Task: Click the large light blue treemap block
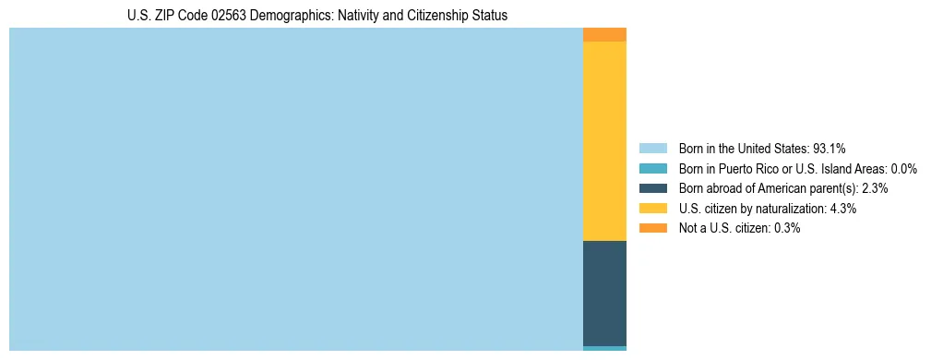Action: click(295, 189)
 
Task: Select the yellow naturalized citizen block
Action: click(604, 140)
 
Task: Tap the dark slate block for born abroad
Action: click(604, 293)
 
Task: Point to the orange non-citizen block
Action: click(604, 35)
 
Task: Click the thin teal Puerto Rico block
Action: click(604, 348)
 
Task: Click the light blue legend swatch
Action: click(652, 148)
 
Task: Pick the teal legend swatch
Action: click(652, 168)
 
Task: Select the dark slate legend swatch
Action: click(652, 188)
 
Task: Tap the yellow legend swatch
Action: click(652, 209)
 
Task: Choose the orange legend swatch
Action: click(652, 228)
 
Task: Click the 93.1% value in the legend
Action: click(830, 148)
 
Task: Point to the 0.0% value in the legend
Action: click(903, 168)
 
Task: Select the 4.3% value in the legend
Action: click(842, 209)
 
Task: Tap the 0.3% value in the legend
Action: click(786, 228)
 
